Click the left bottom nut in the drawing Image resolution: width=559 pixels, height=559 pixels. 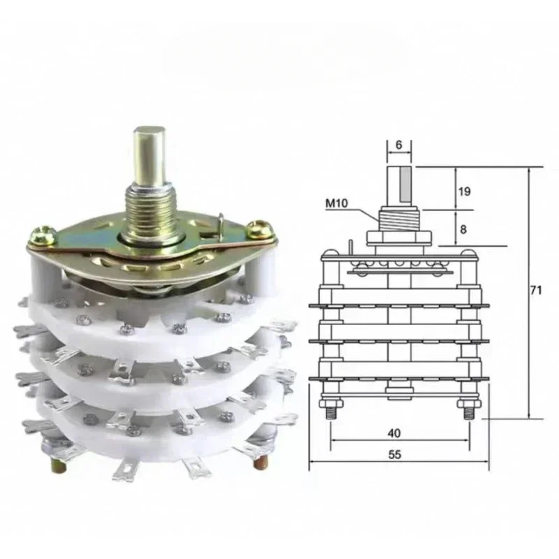(331, 405)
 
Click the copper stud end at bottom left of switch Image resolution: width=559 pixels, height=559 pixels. (55, 461)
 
